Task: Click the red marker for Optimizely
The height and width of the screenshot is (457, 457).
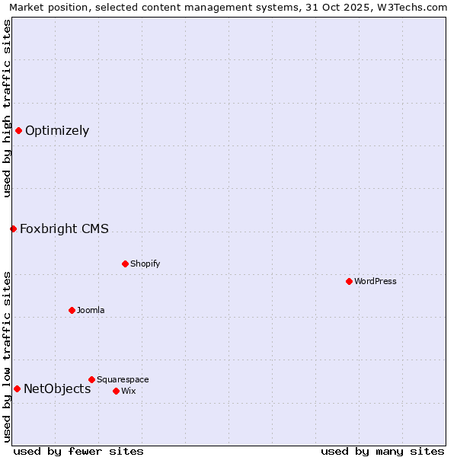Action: point(18,130)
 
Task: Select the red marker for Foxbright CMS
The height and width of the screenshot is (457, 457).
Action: point(13,228)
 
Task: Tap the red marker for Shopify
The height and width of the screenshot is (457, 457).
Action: point(125,264)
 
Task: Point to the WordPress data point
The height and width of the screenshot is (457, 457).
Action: point(349,281)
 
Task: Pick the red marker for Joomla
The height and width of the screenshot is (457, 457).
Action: point(72,310)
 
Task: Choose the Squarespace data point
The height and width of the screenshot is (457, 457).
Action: point(91,379)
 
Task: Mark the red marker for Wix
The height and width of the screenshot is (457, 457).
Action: point(116,391)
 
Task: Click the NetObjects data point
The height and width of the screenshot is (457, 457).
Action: point(17,388)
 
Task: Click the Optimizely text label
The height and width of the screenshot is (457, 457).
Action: point(57,130)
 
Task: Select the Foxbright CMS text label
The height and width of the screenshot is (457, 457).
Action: point(64,228)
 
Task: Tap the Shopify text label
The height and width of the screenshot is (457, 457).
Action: point(145,264)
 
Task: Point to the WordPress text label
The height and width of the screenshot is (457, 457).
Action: point(375,281)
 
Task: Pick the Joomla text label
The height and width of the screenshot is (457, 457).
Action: point(91,310)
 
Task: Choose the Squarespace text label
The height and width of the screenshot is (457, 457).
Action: point(123,379)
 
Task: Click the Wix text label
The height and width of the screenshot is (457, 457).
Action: point(128,391)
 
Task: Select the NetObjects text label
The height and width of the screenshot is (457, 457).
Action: point(57,388)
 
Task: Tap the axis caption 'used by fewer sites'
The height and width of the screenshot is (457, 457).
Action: point(78,451)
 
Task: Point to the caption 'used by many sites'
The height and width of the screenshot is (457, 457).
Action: point(382,451)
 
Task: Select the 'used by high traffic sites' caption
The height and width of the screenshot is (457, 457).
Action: point(7,108)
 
